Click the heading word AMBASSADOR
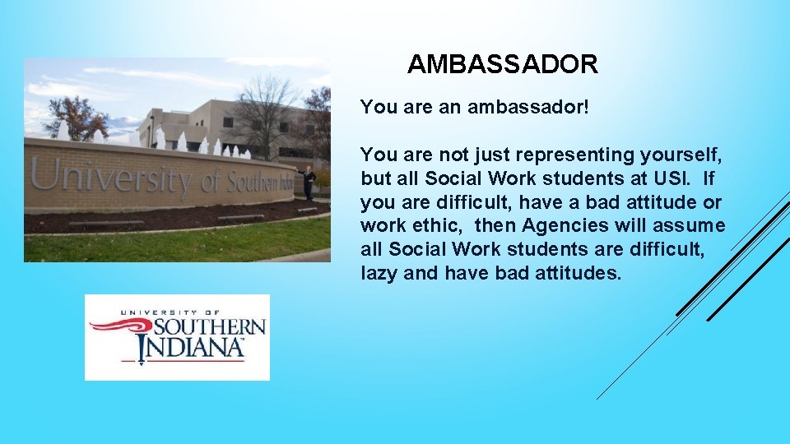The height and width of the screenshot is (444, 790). (x=502, y=64)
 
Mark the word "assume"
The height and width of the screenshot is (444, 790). (x=689, y=226)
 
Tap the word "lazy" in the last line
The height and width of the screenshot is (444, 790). (x=379, y=274)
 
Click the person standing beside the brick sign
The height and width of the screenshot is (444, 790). (x=309, y=183)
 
